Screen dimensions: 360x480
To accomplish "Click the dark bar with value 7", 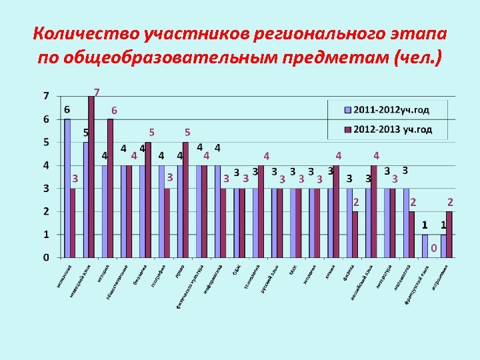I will coord(91,177).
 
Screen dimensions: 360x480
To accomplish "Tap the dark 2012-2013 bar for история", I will coord(110,188).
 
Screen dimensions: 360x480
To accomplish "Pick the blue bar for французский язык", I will coord(425,245).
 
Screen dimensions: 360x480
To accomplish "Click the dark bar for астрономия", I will coord(449,234).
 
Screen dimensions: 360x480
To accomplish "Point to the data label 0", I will coord(433,249).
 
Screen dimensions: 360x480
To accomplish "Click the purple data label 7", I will coord(97,92).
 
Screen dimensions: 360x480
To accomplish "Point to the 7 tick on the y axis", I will coord(46,96).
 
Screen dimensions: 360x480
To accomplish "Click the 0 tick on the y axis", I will coord(46,257).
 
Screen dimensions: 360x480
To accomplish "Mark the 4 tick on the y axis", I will coord(46,165).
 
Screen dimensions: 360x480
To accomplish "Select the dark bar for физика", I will coord(355,234).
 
